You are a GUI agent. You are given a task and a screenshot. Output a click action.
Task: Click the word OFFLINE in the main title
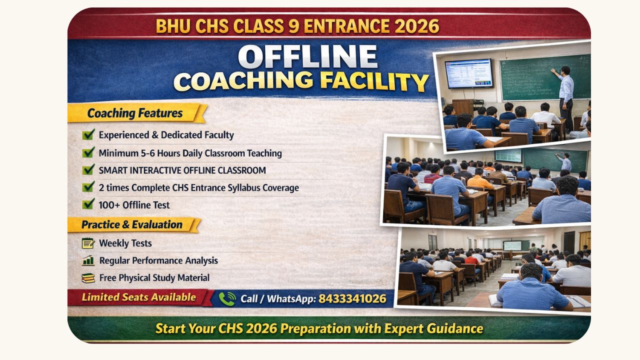click(307, 56)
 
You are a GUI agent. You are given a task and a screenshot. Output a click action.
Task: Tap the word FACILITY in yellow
click(374, 81)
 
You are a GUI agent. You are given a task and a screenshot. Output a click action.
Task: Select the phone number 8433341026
click(352, 298)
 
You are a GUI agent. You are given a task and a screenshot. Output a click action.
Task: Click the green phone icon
click(227, 299)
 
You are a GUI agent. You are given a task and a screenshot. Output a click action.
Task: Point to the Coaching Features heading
click(135, 113)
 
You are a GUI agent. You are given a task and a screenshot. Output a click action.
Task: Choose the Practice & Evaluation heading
click(132, 224)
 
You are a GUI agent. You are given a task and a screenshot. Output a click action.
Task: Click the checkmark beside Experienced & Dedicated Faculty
click(88, 134)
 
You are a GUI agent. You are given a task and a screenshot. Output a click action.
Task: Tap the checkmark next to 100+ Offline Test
click(88, 204)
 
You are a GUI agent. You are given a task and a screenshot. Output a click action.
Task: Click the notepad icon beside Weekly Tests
click(88, 243)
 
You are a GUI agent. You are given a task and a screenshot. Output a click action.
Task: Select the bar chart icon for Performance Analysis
click(88, 260)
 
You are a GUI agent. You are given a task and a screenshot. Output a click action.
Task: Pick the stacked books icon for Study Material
click(88, 278)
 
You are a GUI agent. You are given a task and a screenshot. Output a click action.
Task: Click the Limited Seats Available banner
click(139, 297)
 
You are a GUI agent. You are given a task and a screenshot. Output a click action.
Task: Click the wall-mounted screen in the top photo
click(469, 73)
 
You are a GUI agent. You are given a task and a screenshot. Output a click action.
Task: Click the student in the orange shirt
click(479, 180)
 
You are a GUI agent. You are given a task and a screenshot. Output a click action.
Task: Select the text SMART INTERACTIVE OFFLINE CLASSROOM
click(182, 170)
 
